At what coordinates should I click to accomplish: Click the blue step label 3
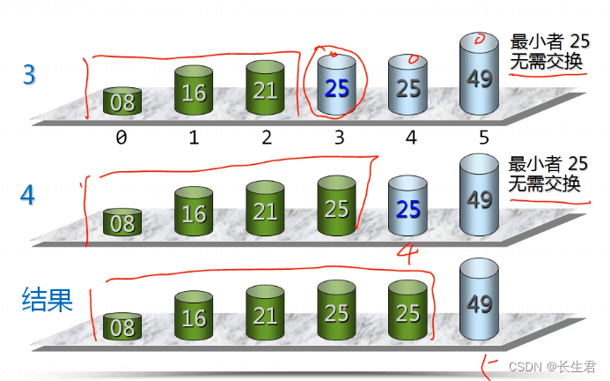pos(29,74)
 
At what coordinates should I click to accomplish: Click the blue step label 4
pos(28,194)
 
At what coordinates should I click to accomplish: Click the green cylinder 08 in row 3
pos(122,101)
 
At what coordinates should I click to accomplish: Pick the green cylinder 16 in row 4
pos(194,213)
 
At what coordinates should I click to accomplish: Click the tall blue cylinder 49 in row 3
pos(479,77)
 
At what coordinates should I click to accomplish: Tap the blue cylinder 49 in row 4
pos(479,198)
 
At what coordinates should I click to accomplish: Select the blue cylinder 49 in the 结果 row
pos(479,303)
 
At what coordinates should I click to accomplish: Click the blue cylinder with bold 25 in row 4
pos(408,209)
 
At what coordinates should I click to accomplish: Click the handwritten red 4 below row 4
pos(407,252)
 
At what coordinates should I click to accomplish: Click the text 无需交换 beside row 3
pos(546,63)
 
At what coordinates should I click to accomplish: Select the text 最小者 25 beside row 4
pos(548,163)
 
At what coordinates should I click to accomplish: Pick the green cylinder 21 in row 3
pos(265,91)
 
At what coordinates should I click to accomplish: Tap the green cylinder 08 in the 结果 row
pos(122,328)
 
